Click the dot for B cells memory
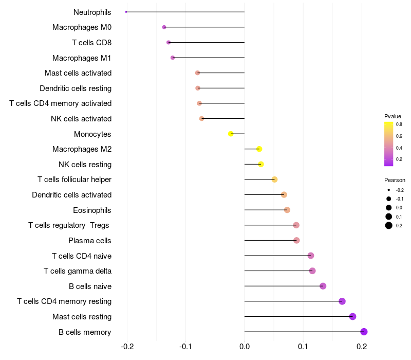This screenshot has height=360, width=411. [x=364, y=332]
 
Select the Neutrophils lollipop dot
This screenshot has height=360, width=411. [x=126, y=12]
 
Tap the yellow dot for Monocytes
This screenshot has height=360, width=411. [x=231, y=134]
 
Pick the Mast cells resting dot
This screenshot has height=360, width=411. [x=352, y=316]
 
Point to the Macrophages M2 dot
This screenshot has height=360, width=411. [x=259, y=149]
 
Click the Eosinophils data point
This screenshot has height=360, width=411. [x=287, y=210]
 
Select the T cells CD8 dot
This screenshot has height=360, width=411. [x=169, y=42]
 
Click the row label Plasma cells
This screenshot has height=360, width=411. [x=90, y=241]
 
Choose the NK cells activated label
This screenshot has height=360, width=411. [x=81, y=119]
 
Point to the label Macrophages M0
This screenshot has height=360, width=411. [x=82, y=27]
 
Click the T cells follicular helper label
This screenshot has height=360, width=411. [x=74, y=179]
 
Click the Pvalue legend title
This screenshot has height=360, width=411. [x=393, y=116]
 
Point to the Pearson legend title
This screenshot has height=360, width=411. [x=395, y=181]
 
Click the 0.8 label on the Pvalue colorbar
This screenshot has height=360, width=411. [x=399, y=124]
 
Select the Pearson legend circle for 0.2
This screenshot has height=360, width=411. [x=389, y=225]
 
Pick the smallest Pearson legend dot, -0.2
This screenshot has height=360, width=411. [x=389, y=190]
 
